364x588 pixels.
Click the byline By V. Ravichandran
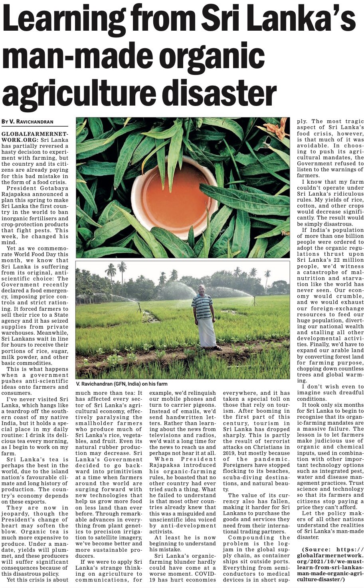click(28, 122)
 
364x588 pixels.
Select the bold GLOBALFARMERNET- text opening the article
click(35, 134)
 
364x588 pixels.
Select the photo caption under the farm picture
click(122, 384)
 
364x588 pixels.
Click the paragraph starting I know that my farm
click(330, 205)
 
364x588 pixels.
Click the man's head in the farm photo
click(202, 289)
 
